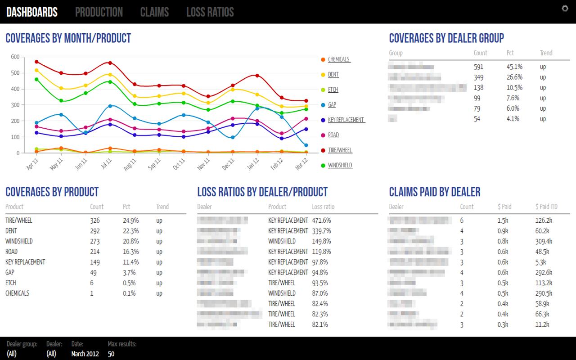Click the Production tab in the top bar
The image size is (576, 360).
pos(99,12)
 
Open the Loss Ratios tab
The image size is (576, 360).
pos(210,12)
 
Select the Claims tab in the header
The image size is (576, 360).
pos(154,12)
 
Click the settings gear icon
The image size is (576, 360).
pos(565,9)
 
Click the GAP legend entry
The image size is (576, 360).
pos(332,105)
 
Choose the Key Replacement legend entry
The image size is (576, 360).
pos(346,120)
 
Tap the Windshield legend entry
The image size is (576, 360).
pos(340,166)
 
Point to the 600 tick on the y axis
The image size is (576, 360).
pos(15,57)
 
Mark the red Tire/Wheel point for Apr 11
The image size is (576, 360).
pos(36,62)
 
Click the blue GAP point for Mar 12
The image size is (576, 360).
pos(306,145)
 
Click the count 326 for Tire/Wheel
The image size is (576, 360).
pos(94,220)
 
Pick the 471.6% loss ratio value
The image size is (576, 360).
pos(321,220)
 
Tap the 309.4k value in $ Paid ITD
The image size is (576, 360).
pos(544,241)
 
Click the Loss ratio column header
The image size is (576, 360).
pos(323,207)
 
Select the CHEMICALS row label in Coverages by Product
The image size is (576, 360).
pos(17,293)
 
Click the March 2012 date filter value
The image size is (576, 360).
pos(85,354)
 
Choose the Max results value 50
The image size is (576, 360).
pos(111,354)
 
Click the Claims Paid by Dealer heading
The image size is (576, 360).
pos(434,192)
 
